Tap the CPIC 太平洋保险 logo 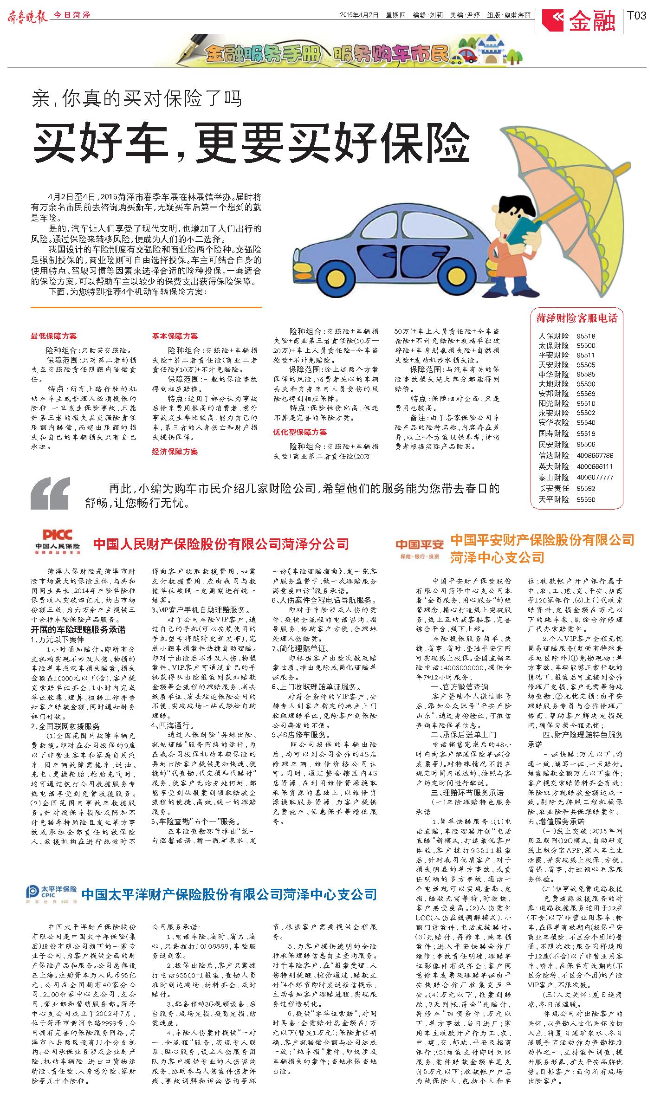click(52, 894)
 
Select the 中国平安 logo click(420, 548)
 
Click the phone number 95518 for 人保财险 click(586, 336)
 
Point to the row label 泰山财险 click(553, 477)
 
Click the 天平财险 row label click(553, 499)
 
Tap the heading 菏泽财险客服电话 click(576, 318)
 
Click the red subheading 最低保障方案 click(54, 336)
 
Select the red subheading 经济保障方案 click(175, 451)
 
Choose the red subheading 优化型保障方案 click(299, 432)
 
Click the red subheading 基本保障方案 click(175, 336)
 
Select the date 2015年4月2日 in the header click(359, 15)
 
